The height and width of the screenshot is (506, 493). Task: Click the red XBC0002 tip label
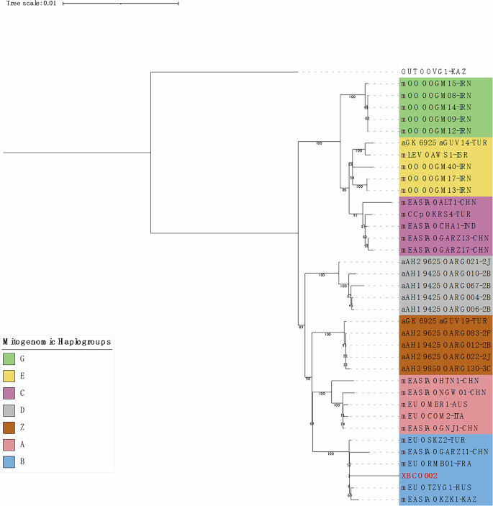tap(418, 476)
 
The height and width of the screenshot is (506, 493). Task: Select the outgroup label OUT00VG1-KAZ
tap(435, 72)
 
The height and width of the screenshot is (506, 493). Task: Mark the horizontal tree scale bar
tap(120, 4)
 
